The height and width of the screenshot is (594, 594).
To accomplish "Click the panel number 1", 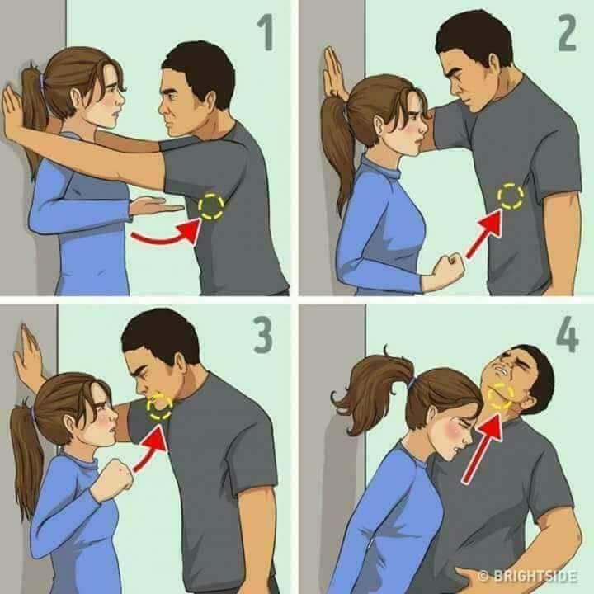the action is point(266,32).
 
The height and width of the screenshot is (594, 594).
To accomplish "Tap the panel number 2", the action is point(567,32).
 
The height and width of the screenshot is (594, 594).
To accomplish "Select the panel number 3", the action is point(262,334).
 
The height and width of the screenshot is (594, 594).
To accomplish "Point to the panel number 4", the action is point(567,334).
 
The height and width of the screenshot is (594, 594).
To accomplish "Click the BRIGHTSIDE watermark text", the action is point(528,576).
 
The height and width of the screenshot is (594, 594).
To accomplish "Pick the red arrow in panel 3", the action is point(149,449).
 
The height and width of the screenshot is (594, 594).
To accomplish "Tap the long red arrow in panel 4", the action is point(483,448).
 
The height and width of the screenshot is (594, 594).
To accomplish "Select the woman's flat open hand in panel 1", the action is point(156,206).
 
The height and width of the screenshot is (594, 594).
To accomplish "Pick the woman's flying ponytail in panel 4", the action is point(373,386).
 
